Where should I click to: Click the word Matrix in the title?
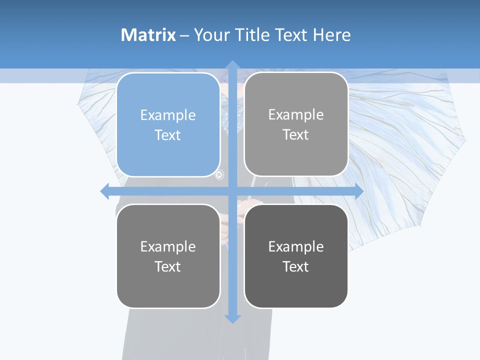[x=148, y=35]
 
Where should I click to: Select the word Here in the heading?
[x=331, y=35]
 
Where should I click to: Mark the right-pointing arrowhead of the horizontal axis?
[x=358, y=191]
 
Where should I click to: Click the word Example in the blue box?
[x=168, y=115]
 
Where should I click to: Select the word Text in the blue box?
[x=168, y=135]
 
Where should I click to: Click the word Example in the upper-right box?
[x=296, y=115]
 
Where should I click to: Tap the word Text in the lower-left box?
[x=168, y=266]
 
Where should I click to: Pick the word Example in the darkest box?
[x=296, y=246]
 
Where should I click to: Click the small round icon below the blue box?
[x=219, y=175]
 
